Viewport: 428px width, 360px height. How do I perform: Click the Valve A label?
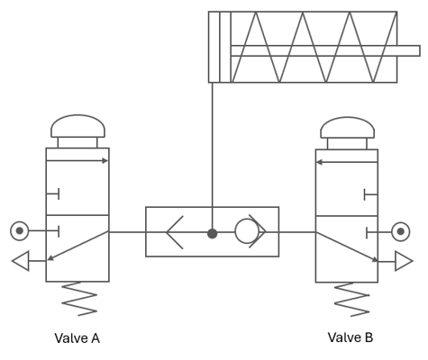tap(77, 338)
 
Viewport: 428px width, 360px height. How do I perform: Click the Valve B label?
tap(351, 337)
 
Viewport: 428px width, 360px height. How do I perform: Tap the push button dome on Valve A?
tap(77, 126)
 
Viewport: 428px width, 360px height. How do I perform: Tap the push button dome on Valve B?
tap(348, 128)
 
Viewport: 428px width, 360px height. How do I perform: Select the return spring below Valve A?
tap(79, 299)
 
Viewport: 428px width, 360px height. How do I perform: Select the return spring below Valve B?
tap(351, 300)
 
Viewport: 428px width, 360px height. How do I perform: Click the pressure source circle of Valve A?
tap(20, 230)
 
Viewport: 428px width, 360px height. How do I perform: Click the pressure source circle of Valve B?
tap(400, 231)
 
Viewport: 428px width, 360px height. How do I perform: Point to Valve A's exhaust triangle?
tap(21, 261)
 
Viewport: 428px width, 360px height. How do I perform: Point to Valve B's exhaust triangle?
tap(404, 261)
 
